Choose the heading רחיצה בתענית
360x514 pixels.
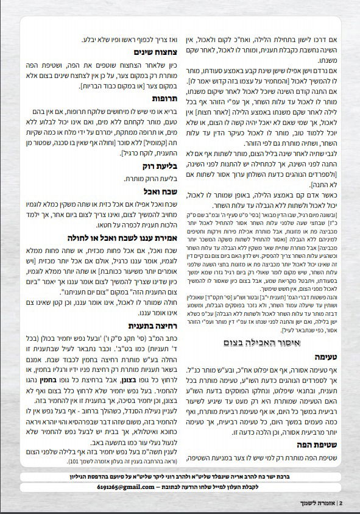tap(149, 326)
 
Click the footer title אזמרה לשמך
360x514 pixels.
tap(321, 503)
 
